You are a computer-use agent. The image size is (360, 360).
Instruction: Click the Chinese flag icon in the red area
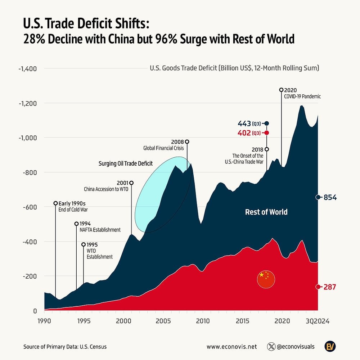pos(266,279)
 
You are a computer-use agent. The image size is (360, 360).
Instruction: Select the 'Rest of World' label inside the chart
pos(266,212)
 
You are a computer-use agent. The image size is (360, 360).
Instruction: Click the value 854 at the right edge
pos(329,197)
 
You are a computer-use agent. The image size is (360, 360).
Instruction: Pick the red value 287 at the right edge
pos(329,287)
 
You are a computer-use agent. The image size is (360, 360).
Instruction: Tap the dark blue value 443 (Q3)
pos(249,123)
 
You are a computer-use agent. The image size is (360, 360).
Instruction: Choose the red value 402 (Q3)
pos(249,133)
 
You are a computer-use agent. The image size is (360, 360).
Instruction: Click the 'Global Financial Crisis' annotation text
pos(163,148)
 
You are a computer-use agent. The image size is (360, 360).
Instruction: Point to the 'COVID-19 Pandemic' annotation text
pos(302,96)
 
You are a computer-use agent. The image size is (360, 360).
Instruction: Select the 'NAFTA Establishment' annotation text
pos(100,230)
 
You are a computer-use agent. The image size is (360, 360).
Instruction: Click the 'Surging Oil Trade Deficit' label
pos(126,163)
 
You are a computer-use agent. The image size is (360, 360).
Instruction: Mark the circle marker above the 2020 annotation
pos(281,90)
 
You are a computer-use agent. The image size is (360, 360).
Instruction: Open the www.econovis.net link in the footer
pos(231,347)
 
